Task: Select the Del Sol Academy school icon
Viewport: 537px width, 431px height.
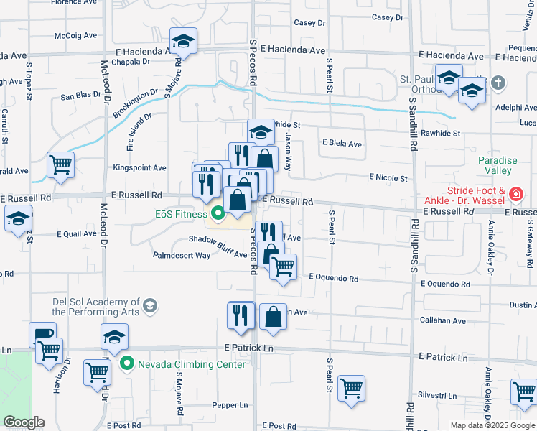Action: [x=149, y=307]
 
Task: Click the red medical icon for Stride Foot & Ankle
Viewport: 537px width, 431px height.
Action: [x=515, y=194]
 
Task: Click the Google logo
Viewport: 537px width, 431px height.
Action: [x=24, y=423]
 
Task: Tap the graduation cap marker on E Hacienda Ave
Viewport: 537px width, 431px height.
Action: [x=184, y=42]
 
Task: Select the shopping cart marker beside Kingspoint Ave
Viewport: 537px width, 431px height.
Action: [x=61, y=165]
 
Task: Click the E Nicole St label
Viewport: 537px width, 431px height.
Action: [x=388, y=177]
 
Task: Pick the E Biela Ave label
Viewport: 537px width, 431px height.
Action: [x=342, y=144]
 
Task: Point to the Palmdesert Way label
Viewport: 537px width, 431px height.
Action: [x=182, y=255]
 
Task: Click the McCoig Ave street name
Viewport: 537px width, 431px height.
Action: [x=75, y=35]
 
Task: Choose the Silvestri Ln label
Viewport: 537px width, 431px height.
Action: [x=437, y=396]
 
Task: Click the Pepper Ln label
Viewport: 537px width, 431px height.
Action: [x=230, y=405]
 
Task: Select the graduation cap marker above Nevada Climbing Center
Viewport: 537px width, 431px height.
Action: [x=115, y=336]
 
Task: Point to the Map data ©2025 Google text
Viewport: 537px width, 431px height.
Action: [x=492, y=425]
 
